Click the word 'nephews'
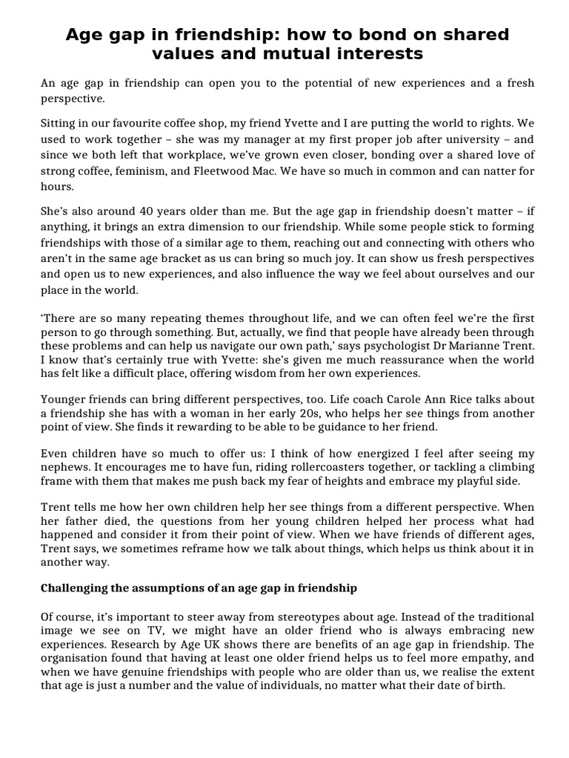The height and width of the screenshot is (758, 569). click(64, 467)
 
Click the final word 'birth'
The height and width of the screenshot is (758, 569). click(488, 685)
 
